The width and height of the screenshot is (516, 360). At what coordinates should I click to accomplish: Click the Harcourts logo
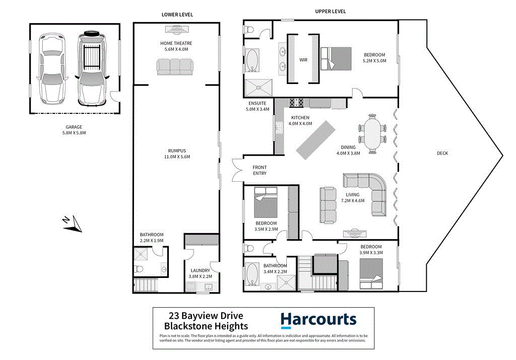click(318, 320)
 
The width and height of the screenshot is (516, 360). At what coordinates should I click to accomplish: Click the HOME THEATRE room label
click(176, 43)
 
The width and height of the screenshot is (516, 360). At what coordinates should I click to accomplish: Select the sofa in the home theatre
click(175, 66)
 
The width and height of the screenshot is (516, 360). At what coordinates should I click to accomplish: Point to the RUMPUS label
click(177, 151)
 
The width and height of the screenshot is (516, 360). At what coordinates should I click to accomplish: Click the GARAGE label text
click(74, 127)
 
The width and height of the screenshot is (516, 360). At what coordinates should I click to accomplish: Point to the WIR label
click(303, 60)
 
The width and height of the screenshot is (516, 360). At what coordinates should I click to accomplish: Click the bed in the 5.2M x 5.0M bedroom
click(336, 58)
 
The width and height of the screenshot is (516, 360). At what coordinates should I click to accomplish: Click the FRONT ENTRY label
click(260, 170)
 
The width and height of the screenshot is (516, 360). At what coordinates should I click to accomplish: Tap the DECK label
click(443, 154)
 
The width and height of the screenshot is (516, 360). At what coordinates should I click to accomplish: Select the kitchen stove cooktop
click(296, 103)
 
